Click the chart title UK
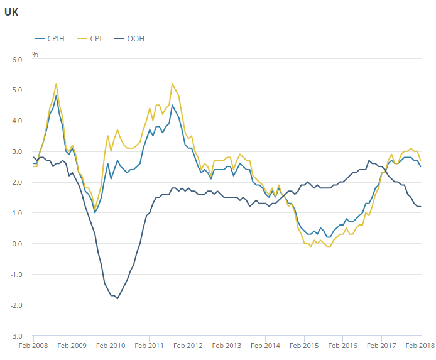pos(11,12)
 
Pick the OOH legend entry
pos(135,38)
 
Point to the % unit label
pos(35,55)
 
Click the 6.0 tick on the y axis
pos(17,60)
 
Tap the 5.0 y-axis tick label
pos(17,90)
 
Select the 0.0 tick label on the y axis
pos(17,244)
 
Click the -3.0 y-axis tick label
pos(16,336)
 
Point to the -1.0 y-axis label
pos(16,275)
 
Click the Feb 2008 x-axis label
pos(33,346)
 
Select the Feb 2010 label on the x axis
pos(111,346)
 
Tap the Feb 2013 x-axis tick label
pos(227,346)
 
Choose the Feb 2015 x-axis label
pos(304,346)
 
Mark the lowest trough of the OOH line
pos(117,298)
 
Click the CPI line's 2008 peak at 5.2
pos(57,84)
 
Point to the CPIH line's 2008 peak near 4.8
pos(57,96)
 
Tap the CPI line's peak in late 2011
pos(172,84)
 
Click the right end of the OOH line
pos(420,207)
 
